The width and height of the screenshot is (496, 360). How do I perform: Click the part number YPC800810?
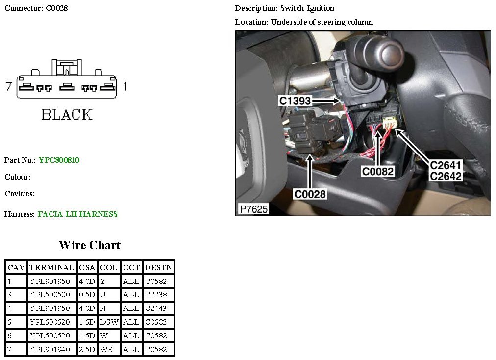pyautogui.click(x=59, y=160)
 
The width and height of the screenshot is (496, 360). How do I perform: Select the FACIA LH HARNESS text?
pyautogui.click(x=77, y=214)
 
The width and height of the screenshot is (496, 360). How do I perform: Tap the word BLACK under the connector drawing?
pyautogui.click(x=67, y=115)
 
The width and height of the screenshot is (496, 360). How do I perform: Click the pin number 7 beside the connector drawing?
pyautogui.click(x=8, y=87)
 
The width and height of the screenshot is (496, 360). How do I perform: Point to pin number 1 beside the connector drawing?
pyautogui.click(x=125, y=87)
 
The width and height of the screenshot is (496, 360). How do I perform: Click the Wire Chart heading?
pyautogui.click(x=89, y=245)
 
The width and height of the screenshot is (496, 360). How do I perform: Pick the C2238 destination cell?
pyautogui.click(x=156, y=295)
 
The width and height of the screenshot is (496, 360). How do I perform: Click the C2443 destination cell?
pyautogui.click(x=156, y=309)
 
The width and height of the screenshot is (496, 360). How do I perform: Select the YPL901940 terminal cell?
pyautogui.click(x=51, y=350)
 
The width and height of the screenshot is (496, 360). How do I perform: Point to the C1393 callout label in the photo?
pyautogui.click(x=295, y=101)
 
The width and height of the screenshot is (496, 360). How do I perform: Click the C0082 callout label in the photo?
pyautogui.click(x=377, y=171)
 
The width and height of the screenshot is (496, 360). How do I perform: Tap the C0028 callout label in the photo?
pyautogui.click(x=310, y=194)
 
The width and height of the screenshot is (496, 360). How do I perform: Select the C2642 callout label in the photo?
pyautogui.click(x=446, y=176)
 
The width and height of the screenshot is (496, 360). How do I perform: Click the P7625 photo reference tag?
pyautogui.click(x=253, y=209)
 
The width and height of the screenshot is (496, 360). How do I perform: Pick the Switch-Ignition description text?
pyautogui.click(x=307, y=8)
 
